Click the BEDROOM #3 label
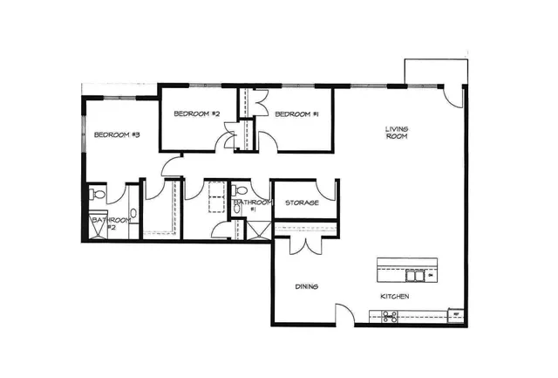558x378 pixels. (x=117, y=134)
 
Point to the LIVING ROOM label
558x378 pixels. (x=398, y=133)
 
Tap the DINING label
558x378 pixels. (x=305, y=286)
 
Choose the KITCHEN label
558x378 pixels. (x=394, y=298)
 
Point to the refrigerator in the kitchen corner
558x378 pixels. (x=454, y=315)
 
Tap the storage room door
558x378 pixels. (x=325, y=189)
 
